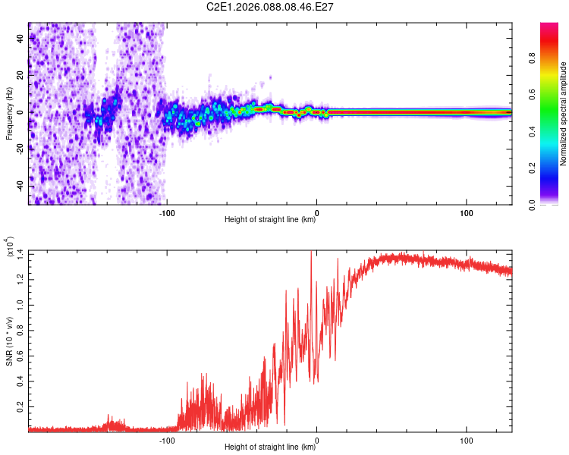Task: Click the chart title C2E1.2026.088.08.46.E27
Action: [271, 7]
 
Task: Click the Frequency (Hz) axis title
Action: [9, 112]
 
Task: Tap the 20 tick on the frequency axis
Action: [20, 74]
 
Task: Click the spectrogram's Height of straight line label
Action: [270, 221]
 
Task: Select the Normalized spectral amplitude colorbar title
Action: [564, 114]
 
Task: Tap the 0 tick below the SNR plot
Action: [316, 440]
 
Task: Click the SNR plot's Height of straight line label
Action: [270, 448]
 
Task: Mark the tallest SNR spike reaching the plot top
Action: [312, 253]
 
